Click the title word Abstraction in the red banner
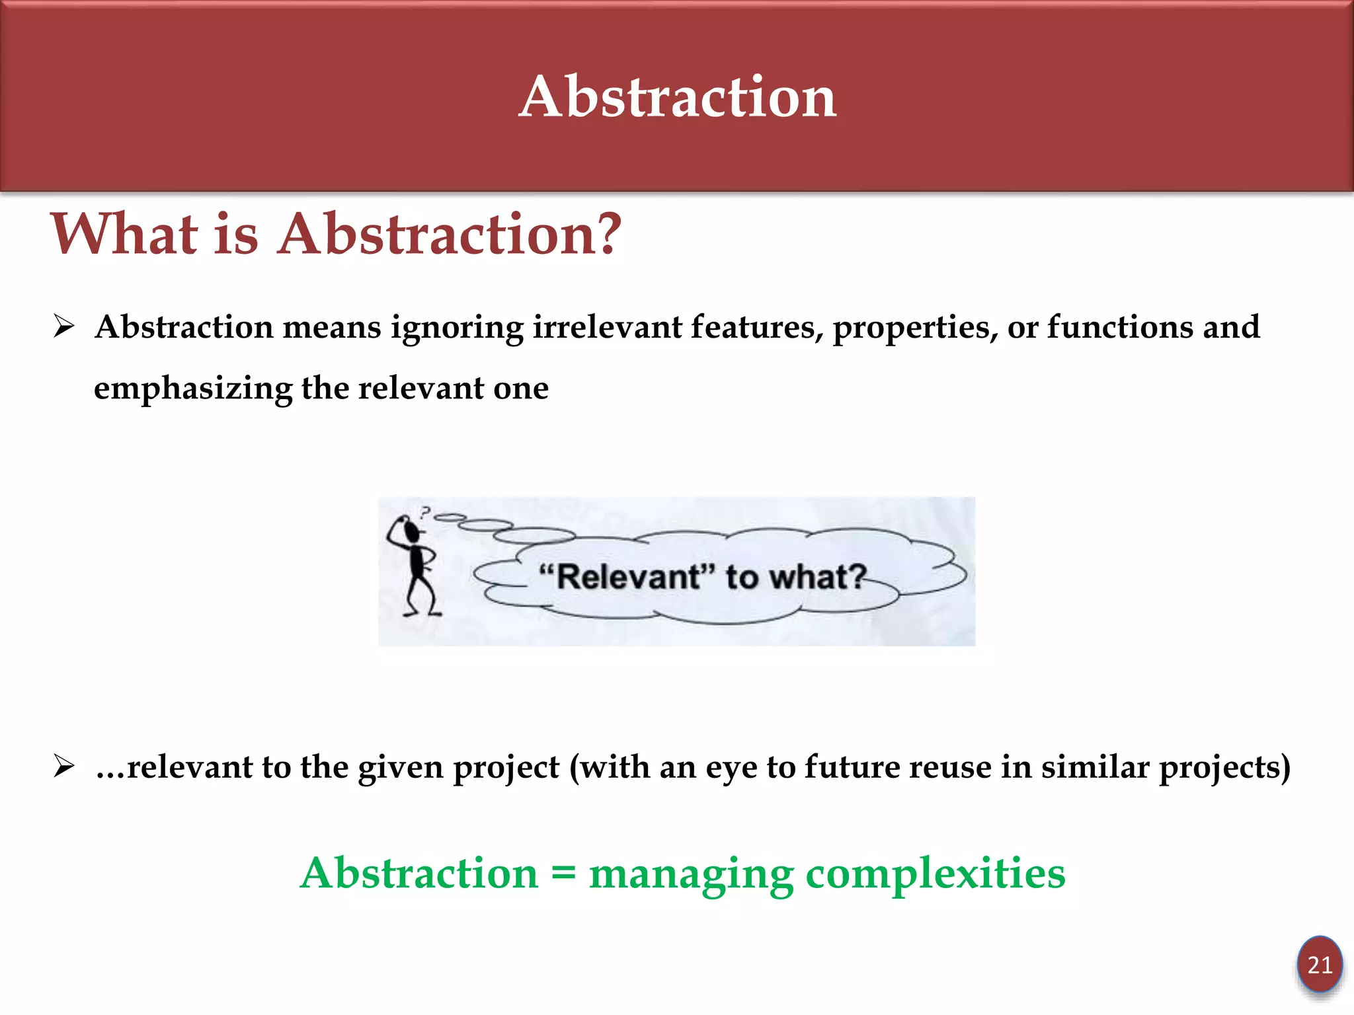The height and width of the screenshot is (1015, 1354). (678, 97)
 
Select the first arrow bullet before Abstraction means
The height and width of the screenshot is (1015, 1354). (64, 326)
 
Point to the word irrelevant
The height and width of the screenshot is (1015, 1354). (607, 327)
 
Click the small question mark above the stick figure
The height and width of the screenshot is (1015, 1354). (426, 511)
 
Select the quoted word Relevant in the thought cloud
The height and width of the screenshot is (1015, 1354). (628, 576)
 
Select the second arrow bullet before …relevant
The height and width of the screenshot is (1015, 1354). (64, 767)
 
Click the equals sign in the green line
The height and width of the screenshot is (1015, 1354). (563, 874)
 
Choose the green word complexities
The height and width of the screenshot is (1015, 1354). (935, 874)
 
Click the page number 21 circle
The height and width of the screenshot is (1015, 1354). (1319, 965)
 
